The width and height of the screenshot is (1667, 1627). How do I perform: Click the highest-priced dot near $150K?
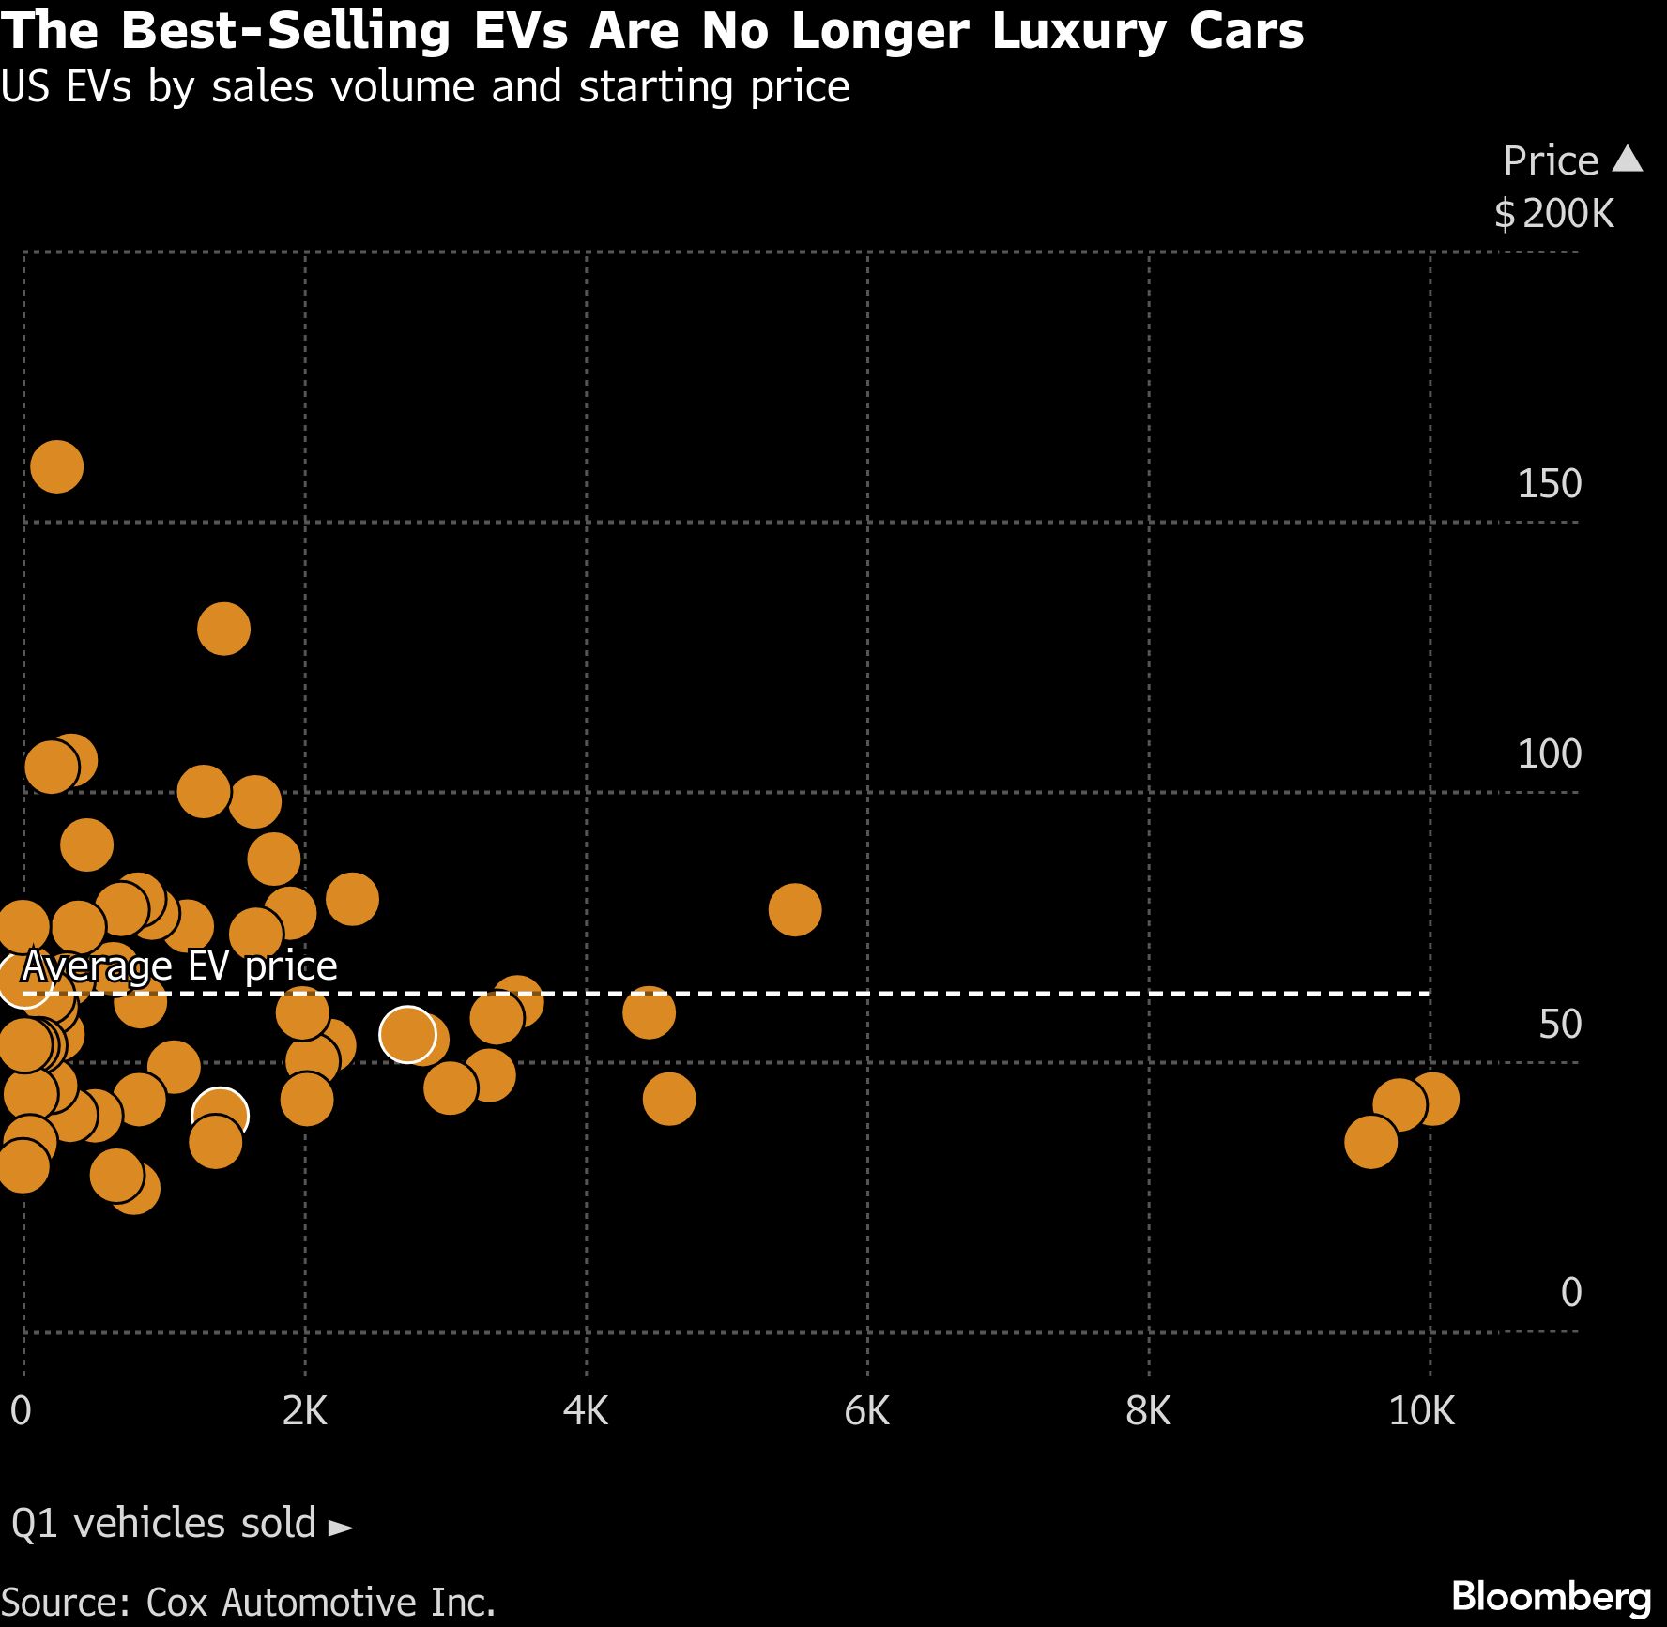[57, 466]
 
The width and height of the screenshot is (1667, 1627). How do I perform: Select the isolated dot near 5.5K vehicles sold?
[795, 909]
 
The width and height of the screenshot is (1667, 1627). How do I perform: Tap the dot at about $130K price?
[223, 629]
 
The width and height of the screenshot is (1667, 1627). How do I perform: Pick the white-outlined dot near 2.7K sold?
[407, 1034]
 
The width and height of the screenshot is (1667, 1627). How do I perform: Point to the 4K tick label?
[586, 1411]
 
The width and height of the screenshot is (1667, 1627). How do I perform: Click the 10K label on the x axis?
[1421, 1411]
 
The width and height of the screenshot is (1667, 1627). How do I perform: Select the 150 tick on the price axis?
[1549, 484]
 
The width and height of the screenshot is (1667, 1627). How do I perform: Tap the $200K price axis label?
[1554, 214]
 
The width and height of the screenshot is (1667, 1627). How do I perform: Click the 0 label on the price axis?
[1570, 1292]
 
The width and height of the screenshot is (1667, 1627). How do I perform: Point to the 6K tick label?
[866, 1411]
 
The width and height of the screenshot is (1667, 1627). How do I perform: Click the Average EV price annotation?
[179, 966]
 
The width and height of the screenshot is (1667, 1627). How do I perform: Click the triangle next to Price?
[1628, 159]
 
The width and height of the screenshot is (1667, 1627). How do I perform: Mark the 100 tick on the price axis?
[1549, 753]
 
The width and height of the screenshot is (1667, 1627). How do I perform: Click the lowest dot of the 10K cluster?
[1371, 1142]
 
